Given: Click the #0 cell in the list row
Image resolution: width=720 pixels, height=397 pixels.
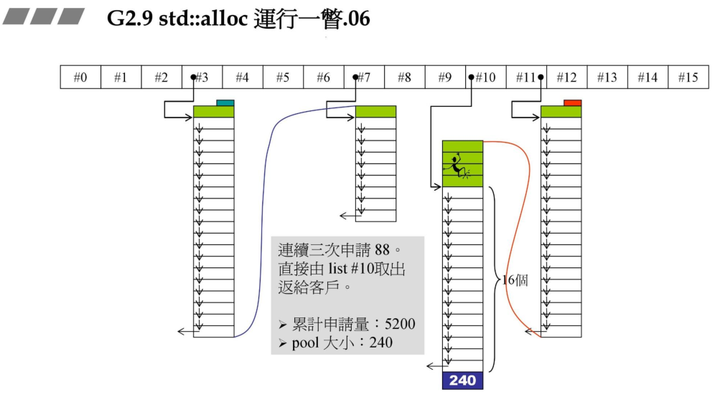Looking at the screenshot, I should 80,77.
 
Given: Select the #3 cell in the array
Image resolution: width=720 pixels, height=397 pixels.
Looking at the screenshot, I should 202,77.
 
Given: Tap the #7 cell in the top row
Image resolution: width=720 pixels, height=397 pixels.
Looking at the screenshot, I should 365,77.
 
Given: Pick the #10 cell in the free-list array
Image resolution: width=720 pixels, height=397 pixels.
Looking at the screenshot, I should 486,77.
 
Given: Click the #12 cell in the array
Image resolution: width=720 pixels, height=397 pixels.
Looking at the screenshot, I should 567,77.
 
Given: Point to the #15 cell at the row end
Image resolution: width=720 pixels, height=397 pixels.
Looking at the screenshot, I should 688,77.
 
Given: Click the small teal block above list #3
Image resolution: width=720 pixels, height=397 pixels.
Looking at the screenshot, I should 225,103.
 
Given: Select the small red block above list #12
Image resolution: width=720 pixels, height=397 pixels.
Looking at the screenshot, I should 572,103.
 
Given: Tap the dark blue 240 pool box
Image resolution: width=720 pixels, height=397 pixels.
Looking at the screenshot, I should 463,381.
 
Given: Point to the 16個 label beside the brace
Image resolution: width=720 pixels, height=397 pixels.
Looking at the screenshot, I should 515,280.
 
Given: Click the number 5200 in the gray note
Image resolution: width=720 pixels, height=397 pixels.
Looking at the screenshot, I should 399,324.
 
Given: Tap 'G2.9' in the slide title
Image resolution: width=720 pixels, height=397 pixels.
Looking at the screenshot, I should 126,19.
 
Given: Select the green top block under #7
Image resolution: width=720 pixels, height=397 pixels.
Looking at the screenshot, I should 375,112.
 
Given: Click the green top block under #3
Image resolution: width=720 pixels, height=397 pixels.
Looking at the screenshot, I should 214,112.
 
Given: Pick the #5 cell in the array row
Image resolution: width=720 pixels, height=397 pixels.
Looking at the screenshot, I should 283,77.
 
